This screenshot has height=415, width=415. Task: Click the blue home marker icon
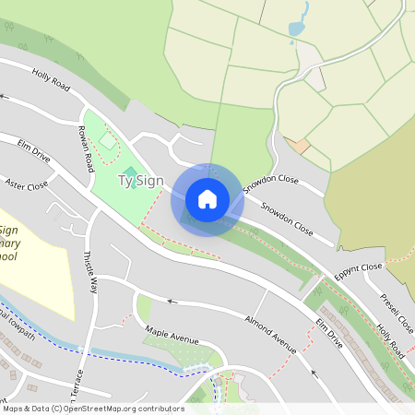[207, 199]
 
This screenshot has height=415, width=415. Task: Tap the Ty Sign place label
[140, 181]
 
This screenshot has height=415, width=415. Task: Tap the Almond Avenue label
[269, 334]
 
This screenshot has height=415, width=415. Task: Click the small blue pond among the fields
[297, 28]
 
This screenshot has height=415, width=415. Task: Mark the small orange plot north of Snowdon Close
[298, 146]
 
